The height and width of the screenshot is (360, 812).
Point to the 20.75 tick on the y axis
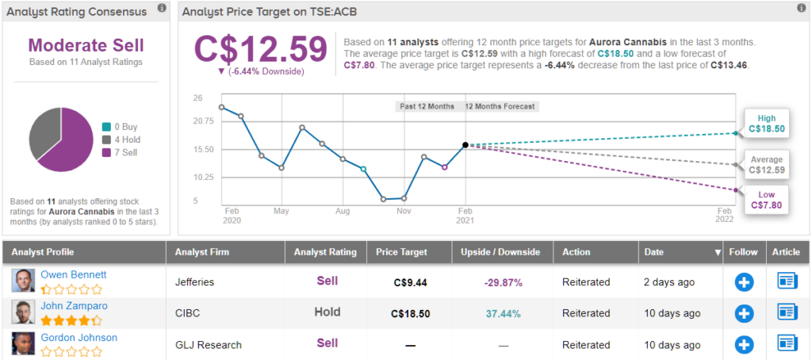click(x=203, y=121)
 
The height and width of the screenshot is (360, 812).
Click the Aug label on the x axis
click(x=343, y=212)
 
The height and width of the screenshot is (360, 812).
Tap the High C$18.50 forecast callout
click(x=765, y=122)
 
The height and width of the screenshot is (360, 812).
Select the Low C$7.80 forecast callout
click(x=765, y=199)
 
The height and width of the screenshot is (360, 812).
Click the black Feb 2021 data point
click(x=465, y=145)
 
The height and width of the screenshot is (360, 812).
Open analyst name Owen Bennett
click(x=74, y=275)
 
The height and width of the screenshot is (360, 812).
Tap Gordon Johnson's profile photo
click(x=23, y=343)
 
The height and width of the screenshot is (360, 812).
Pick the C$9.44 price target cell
click(x=410, y=281)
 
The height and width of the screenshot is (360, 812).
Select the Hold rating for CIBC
click(x=326, y=312)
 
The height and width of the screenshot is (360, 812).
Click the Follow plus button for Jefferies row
click(x=744, y=281)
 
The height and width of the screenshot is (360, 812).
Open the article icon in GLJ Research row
click(x=787, y=343)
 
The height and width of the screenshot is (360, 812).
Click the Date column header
click(x=654, y=252)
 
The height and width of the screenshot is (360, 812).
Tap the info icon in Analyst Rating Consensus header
click(x=162, y=9)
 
